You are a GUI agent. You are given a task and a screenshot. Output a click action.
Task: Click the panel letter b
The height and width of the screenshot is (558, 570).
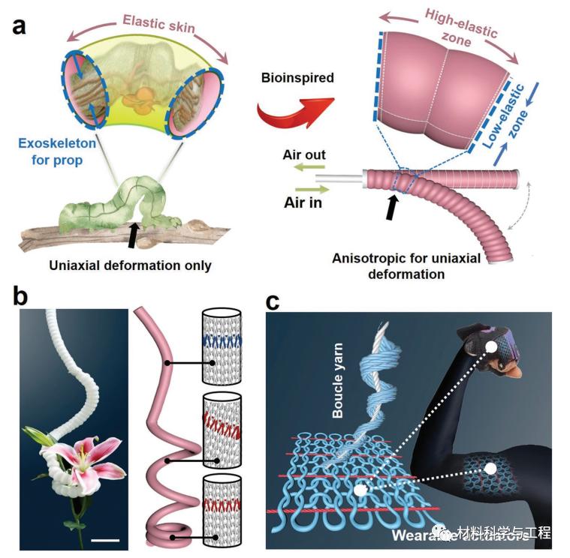point(22,295)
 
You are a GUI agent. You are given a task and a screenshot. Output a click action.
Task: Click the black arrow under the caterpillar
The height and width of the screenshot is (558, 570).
point(132,233)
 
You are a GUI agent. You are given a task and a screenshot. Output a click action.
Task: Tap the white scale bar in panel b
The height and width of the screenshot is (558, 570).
point(106,538)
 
